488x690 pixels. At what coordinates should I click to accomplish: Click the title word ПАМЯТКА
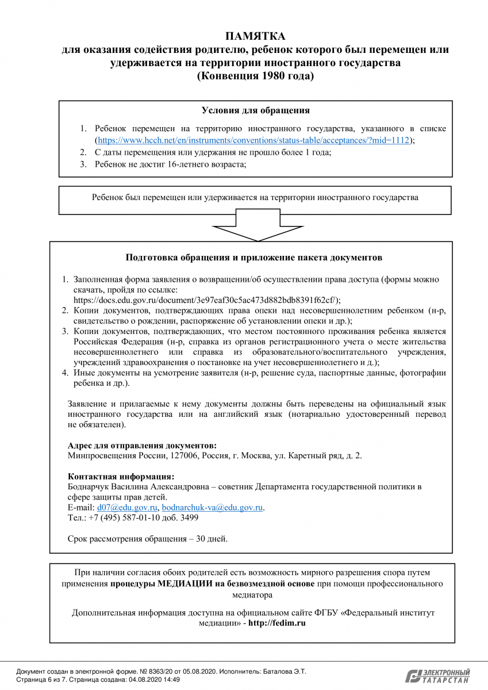coord(255,36)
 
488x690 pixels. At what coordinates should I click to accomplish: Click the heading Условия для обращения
coord(255,111)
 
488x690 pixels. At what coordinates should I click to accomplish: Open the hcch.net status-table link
coord(253,140)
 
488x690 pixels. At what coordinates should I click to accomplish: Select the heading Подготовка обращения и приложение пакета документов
coord(253,258)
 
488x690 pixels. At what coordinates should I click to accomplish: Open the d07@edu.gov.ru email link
coord(127,508)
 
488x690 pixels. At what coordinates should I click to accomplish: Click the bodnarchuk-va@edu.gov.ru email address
coord(212,508)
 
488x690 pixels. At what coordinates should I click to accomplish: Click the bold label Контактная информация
coord(121,477)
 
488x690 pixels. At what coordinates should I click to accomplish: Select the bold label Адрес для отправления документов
coord(142,446)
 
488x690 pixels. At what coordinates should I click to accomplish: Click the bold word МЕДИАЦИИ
coord(184,584)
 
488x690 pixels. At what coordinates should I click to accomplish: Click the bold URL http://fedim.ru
coord(276,623)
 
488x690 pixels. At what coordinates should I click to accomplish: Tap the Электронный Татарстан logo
coord(437,676)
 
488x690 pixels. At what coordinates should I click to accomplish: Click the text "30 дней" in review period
coord(211,539)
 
